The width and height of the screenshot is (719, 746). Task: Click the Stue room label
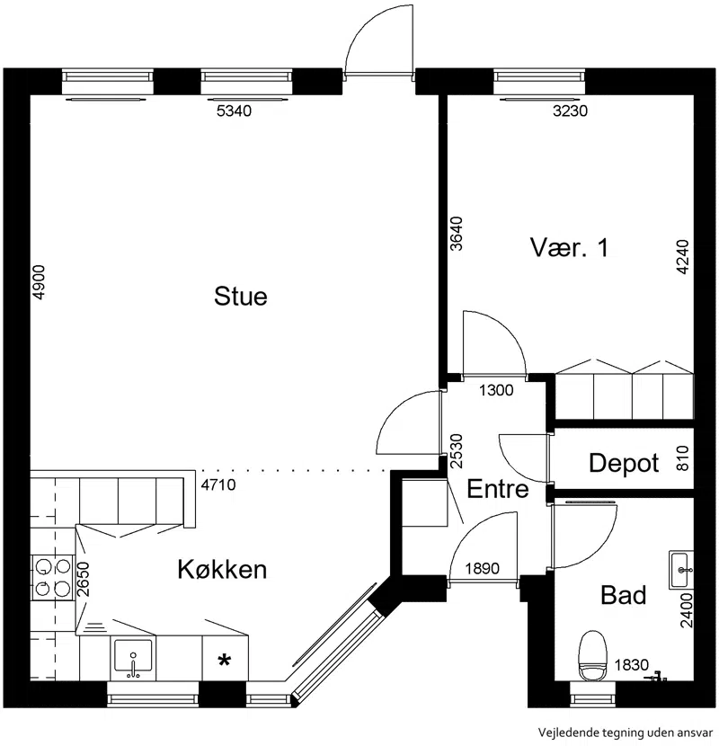point(241,296)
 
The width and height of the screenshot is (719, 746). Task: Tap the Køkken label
point(222,569)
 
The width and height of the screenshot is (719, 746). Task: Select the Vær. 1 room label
point(569,247)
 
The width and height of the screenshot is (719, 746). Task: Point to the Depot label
point(624,463)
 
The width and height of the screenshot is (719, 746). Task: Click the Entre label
point(498,489)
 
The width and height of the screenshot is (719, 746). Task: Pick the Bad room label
point(624,595)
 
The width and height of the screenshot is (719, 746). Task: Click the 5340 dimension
point(234,111)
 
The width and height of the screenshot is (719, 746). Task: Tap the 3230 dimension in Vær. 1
point(570,111)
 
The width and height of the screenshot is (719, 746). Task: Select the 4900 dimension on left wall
point(39,282)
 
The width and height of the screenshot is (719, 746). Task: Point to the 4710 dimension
point(218,484)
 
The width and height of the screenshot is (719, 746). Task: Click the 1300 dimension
point(496,391)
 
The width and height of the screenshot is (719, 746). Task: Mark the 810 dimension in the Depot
point(682,458)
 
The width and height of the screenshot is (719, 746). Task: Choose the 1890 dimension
point(482,569)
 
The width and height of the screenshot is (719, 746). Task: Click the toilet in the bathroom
point(593,655)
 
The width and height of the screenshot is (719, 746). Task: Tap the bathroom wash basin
point(681,570)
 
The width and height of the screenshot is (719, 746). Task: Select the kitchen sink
point(133,659)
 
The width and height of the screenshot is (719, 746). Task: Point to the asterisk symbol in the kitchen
point(224,661)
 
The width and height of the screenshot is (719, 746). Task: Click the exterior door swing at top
point(379,40)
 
